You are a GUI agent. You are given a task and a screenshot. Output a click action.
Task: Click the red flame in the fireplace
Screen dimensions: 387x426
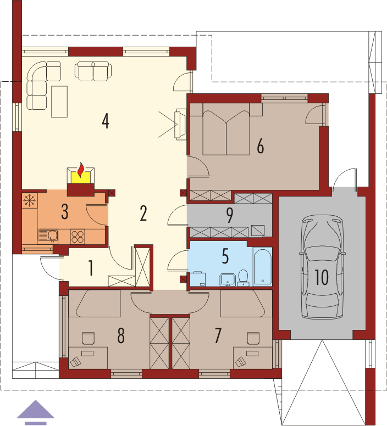point(80,170)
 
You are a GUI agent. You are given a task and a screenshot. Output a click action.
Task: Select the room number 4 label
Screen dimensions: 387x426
point(106,121)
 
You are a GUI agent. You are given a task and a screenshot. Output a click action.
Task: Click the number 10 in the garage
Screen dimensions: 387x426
point(322,277)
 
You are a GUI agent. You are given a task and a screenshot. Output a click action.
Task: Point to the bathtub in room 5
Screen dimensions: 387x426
point(262,266)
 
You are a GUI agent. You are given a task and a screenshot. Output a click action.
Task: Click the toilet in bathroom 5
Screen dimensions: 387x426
point(243,278)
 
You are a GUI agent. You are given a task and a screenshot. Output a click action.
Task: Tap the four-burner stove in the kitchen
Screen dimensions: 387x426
point(78,237)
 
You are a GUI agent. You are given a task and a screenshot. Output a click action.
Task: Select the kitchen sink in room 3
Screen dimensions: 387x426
point(48,236)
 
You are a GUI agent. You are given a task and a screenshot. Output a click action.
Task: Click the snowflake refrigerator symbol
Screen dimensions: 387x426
point(30,200)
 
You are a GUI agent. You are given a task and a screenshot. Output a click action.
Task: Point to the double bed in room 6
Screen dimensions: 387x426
point(226,130)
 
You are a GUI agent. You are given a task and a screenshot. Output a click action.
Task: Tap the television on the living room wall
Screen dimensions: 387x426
point(181,124)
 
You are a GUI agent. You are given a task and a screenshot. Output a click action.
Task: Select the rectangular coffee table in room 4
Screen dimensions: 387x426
point(59,102)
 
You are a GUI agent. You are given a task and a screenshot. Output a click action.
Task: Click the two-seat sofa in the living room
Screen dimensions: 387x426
point(93,71)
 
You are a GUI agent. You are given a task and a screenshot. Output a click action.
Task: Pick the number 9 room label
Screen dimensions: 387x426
point(230,215)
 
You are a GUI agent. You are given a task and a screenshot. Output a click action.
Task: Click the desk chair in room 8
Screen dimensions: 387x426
point(88,338)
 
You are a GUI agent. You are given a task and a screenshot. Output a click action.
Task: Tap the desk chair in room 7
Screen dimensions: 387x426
point(253,338)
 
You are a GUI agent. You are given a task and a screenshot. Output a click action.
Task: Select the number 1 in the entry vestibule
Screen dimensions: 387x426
point(91,268)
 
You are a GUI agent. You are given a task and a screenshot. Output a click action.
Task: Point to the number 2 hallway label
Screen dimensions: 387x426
point(143,213)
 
